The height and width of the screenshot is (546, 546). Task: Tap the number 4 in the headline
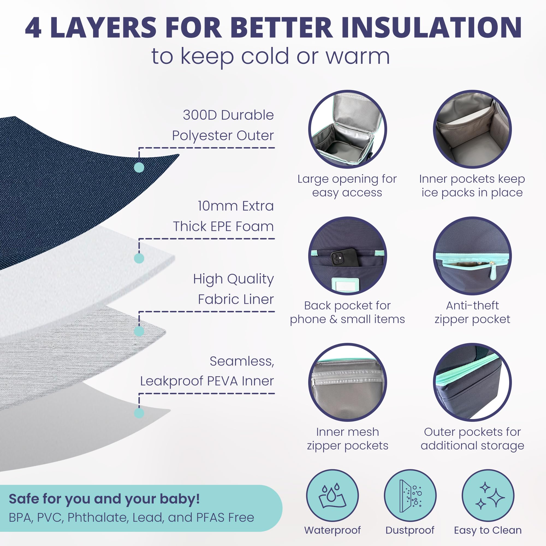click(x=33, y=27)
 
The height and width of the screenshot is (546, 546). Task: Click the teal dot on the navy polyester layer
click(x=139, y=167)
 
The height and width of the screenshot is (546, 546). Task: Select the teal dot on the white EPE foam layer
click(x=139, y=258)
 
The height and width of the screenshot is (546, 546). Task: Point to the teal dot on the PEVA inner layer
click(x=139, y=413)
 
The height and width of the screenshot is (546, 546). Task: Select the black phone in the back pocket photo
click(x=345, y=257)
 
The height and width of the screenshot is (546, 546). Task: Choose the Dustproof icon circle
click(x=410, y=496)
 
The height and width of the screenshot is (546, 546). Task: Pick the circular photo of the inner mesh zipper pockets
click(x=348, y=382)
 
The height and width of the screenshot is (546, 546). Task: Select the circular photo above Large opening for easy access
click(x=348, y=129)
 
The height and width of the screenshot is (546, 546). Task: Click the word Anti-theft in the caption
click(x=472, y=305)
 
